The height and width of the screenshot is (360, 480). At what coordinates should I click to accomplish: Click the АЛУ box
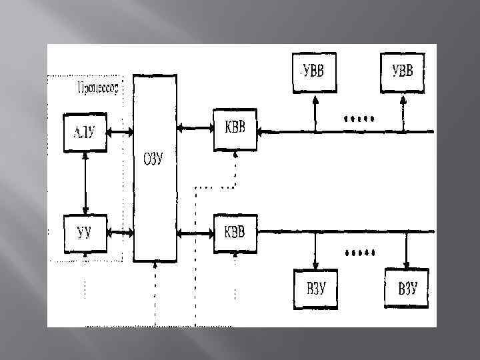[84, 133]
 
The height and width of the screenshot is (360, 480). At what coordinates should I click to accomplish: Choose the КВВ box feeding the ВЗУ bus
[233, 233]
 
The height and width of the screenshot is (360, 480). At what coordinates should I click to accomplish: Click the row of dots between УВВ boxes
[359, 119]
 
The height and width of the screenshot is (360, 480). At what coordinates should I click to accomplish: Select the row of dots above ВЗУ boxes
[359, 253]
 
